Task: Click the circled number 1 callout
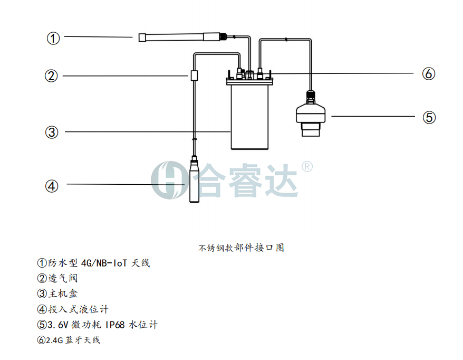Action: click(53, 38)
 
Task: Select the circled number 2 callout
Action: click(51, 77)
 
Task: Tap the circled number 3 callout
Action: click(51, 132)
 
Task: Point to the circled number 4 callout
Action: click(51, 186)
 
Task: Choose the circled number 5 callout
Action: click(429, 117)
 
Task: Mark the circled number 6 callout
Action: click(429, 74)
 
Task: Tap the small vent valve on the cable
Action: click(194, 75)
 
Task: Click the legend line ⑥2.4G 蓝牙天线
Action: click(69, 340)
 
